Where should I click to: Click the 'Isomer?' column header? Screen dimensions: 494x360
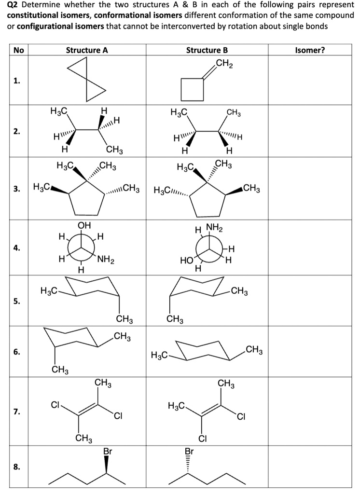pyautogui.click(x=311, y=50)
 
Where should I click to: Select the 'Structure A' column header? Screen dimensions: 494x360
pyautogui.click(x=87, y=50)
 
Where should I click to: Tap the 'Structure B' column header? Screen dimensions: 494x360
pyautogui.click(x=207, y=50)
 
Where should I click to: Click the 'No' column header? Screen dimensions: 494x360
pyautogui.click(x=18, y=50)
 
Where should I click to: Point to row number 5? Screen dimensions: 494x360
pyautogui.click(x=16, y=302)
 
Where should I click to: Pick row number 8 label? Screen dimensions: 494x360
pyautogui.click(x=16, y=467)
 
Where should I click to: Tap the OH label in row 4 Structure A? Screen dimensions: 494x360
pyautogui.click(x=84, y=225)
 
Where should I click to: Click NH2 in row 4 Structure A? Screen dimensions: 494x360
pyautogui.click(x=106, y=261)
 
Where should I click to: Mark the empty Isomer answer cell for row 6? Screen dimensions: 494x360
pyautogui.click(x=311, y=352)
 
